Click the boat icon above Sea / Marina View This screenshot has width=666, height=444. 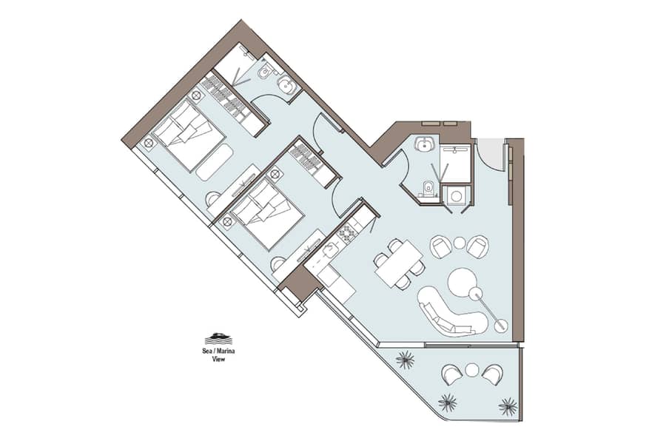coord(219,339)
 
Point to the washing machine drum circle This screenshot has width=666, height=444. coord(456,196)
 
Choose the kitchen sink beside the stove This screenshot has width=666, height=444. coord(329,252)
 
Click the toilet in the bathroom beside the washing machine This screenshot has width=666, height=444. coord(428,189)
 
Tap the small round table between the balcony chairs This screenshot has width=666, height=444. coord(472,370)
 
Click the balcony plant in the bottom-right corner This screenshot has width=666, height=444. coord(508,406)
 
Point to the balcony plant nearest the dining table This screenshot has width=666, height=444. coord(405,360)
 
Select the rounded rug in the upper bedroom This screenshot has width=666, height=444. coord(215,162)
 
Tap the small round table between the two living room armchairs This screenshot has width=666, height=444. coord(460,243)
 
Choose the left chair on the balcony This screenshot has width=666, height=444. coord(452,374)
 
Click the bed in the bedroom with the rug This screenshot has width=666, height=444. coord(189,134)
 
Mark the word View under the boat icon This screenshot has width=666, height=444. coord(219,359)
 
